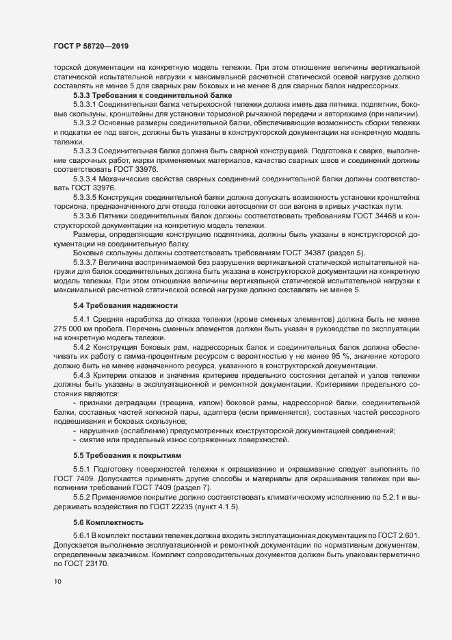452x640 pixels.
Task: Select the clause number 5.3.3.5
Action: coord(85,198)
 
